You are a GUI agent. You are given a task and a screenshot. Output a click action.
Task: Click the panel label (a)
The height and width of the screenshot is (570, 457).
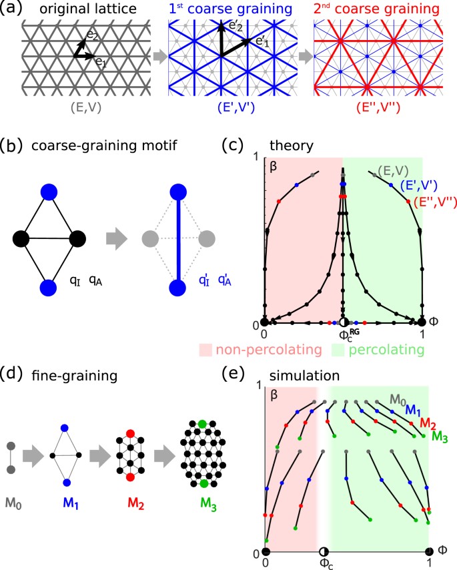(x=12, y=9)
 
